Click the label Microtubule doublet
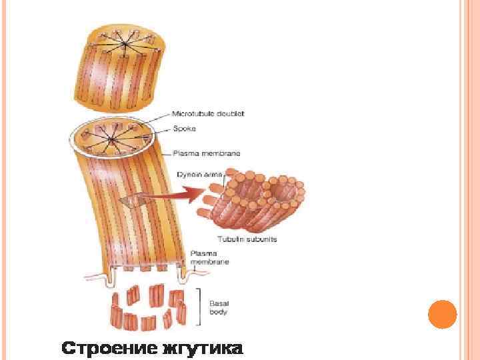(208, 114)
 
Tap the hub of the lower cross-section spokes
(111, 139)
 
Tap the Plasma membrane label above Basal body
(209, 258)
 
